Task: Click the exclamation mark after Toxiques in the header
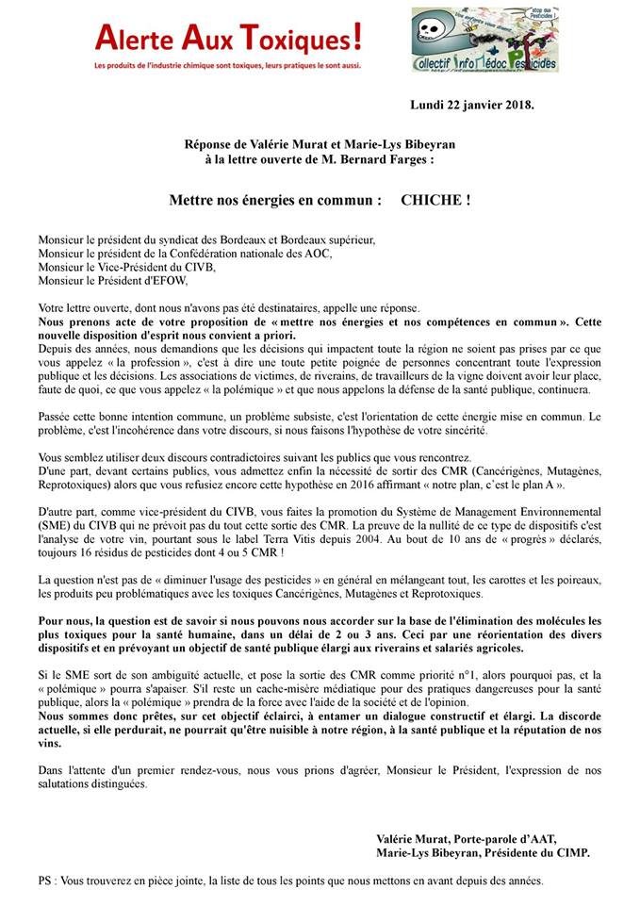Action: pos(355,38)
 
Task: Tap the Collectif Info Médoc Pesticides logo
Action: pos(484,41)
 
